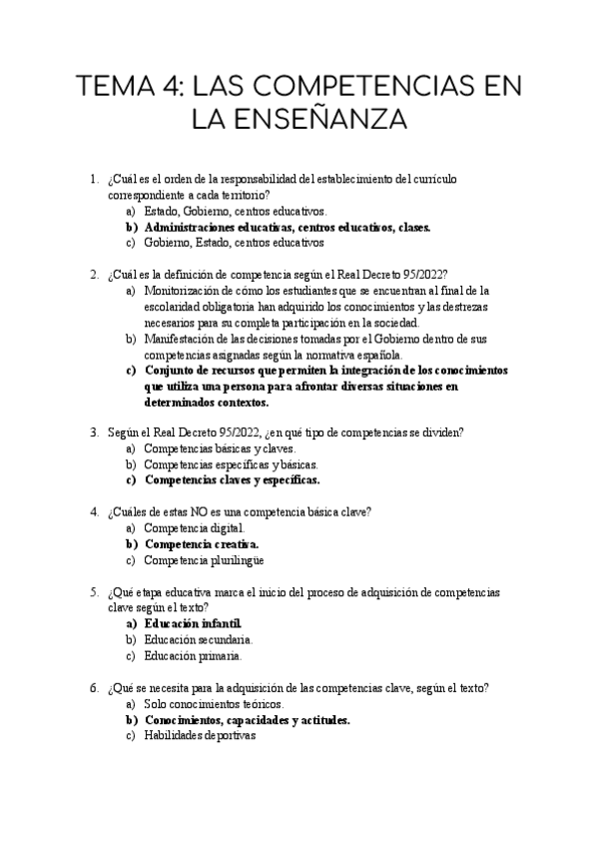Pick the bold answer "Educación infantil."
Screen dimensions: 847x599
pyautogui.click(x=193, y=623)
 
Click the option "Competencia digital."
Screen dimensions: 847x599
pyautogui.click(x=193, y=528)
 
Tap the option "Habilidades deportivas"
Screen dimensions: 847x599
pyautogui.click(x=200, y=735)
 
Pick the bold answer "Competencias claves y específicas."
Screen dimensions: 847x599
pyautogui.click(x=232, y=479)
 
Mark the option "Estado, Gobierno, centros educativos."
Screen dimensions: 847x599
pyautogui.click(x=235, y=211)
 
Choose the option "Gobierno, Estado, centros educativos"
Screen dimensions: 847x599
pyautogui.click(x=234, y=242)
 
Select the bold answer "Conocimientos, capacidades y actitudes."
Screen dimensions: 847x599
pyautogui.click(x=247, y=719)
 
